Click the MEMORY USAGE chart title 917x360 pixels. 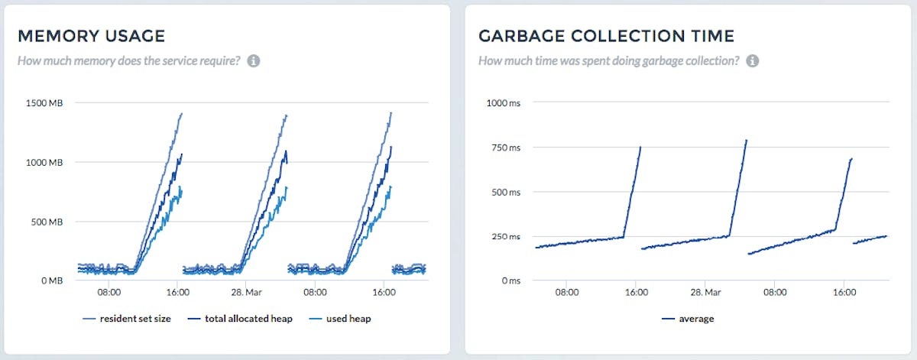91,36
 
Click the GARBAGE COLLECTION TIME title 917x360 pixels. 606,36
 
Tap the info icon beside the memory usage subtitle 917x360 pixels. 254,60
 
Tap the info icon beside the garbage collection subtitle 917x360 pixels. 752,60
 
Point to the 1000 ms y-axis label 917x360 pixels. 503,103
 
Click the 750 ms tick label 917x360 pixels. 505,148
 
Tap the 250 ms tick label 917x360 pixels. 505,236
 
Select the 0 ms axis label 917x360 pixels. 510,281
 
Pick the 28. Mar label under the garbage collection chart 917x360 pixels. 705,292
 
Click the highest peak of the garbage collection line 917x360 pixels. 746,141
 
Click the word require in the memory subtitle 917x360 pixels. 219,60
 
